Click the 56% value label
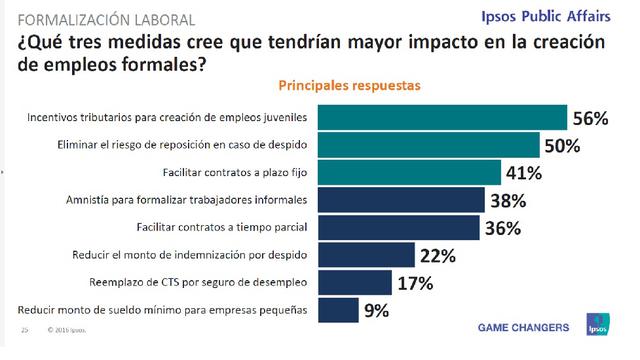pyautogui.click(x=590, y=118)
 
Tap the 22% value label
pyautogui.click(x=436, y=256)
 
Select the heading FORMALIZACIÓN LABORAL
pyautogui.click(x=96, y=18)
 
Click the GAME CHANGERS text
pyautogui.click(x=525, y=327)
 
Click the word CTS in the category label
pyautogui.click(x=203, y=283)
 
